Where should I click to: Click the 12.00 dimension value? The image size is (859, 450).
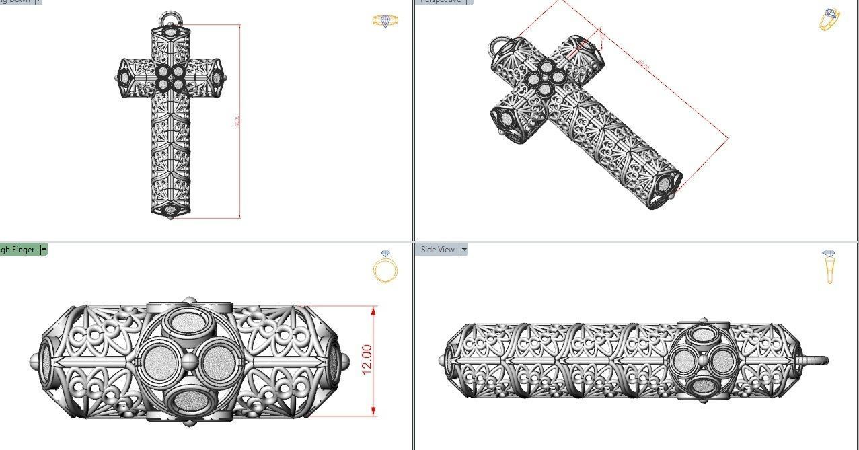click(367, 361)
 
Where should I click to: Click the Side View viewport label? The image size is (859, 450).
click(437, 250)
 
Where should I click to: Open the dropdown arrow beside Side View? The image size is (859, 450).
click(464, 250)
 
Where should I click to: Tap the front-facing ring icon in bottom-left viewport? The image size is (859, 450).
click(385, 268)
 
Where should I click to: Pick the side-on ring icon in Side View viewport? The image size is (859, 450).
click(829, 266)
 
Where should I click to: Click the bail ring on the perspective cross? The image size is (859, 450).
click(498, 47)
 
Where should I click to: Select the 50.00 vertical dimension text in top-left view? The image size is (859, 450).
click(237, 122)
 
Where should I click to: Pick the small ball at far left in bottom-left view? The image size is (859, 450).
click(34, 362)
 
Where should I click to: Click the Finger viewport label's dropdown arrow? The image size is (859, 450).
click(44, 250)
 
